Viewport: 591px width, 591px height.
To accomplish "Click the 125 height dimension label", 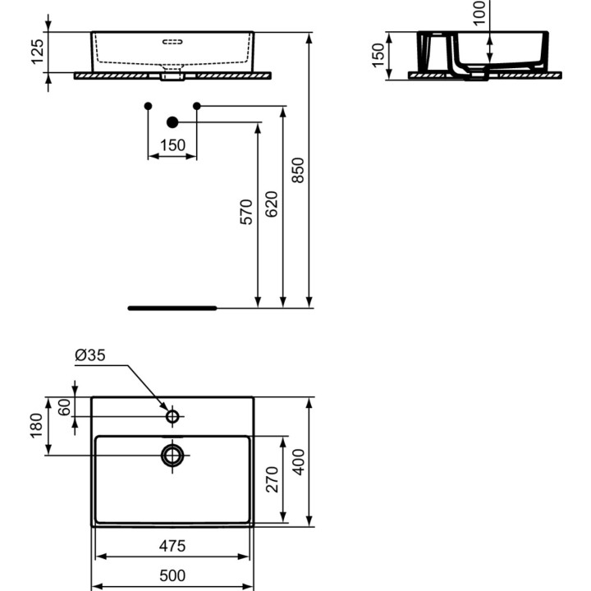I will click(36, 53).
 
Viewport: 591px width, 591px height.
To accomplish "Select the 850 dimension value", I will click(299, 170).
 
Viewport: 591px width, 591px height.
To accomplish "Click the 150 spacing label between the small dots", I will click(172, 145).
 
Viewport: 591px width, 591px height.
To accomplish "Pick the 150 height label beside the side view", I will click(378, 55).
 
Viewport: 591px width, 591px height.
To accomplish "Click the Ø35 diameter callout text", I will click(89, 355).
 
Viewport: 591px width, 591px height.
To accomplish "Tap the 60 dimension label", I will click(62, 408).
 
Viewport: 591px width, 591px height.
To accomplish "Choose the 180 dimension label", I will click(36, 426).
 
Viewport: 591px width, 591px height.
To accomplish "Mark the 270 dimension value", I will click(272, 479).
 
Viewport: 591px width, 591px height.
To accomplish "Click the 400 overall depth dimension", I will click(299, 461).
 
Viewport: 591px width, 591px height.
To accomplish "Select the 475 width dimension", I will click(172, 546).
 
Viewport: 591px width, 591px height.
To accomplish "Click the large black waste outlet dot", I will click(172, 122).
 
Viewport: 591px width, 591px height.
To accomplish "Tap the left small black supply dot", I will click(148, 106).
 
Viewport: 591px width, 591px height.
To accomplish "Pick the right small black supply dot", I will click(197, 106).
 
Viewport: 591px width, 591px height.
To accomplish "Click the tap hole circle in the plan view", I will click(172, 417).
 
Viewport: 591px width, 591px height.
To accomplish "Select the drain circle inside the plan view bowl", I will click(172, 455).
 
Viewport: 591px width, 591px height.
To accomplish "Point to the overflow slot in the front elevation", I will click(172, 39).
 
